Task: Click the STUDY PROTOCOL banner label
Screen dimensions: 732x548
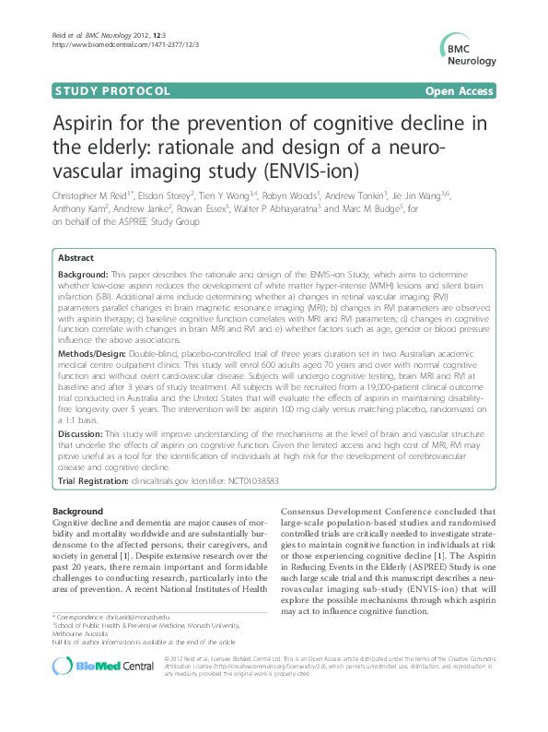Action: click(x=113, y=91)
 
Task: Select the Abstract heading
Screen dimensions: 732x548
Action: click(x=77, y=258)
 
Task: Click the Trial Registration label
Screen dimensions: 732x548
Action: click(x=97, y=480)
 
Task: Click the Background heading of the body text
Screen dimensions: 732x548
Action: click(x=77, y=510)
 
